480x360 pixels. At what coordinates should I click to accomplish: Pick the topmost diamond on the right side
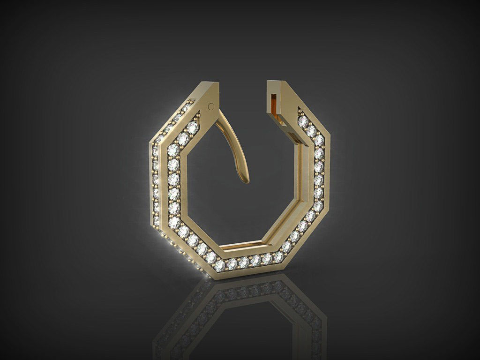303,121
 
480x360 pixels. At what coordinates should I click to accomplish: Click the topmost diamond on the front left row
192,127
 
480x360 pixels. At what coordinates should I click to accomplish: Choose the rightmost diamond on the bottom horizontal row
278,256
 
